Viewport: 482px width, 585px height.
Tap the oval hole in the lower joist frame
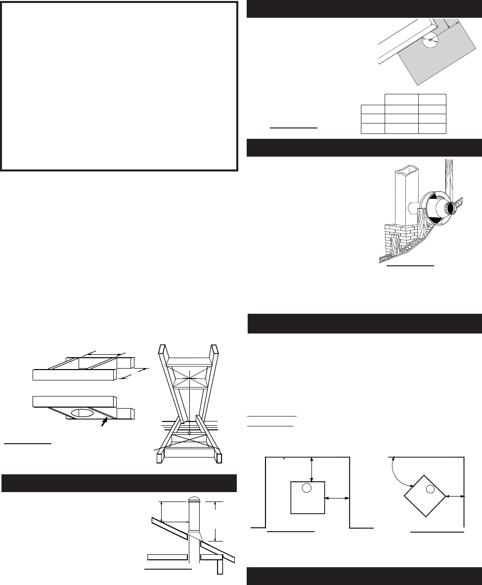coord(83,412)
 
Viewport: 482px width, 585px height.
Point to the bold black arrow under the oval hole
coord(103,421)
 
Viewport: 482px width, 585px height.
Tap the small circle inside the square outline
coord(307,488)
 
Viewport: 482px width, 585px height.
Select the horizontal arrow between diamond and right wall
coord(454,495)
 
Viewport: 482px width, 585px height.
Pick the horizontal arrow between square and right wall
coord(337,499)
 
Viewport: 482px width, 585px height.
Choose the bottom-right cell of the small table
coord(432,128)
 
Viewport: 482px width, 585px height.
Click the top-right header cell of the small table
coord(432,99)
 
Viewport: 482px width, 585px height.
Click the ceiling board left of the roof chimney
coord(167,556)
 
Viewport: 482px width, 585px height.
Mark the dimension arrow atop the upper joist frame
coord(103,354)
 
